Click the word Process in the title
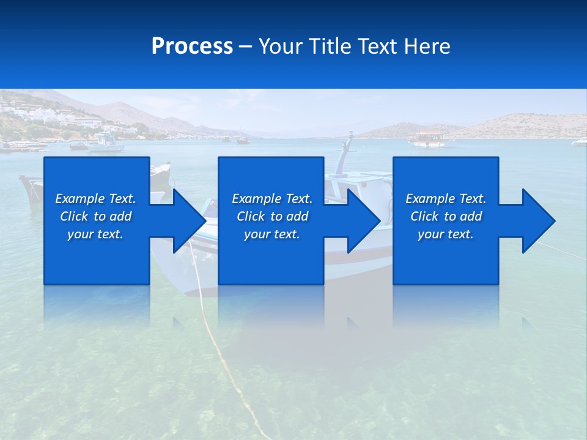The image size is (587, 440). point(192,46)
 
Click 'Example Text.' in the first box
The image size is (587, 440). point(95,199)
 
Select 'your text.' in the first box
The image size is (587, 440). point(95,234)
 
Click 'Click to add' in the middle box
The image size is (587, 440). point(272,216)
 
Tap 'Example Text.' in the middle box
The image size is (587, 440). point(272,199)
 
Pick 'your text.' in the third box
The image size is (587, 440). point(446,234)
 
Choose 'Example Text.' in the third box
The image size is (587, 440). point(446,199)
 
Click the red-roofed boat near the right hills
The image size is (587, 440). point(427,139)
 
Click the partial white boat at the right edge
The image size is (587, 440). point(579,142)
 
